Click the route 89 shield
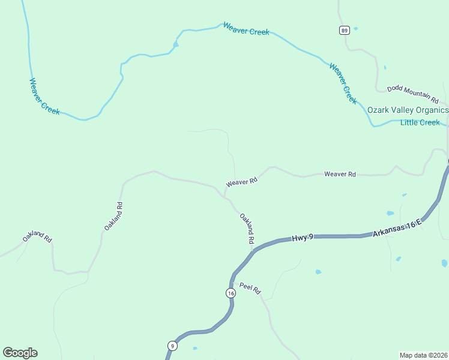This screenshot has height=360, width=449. click(x=344, y=31)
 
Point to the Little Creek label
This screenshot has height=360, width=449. click(x=420, y=122)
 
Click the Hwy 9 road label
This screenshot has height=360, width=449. click(x=303, y=238)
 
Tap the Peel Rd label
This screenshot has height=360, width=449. click(x=250, y=288)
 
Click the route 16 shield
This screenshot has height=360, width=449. click(x=231, y=293)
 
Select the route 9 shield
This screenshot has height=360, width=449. click(x=172, y=346)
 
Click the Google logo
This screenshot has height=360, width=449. click(x=20, y=353)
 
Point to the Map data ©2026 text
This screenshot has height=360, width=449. click(x=423, y=355)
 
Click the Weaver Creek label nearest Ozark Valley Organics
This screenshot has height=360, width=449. click(x=343, y=83)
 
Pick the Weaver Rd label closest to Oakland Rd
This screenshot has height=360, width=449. click(x=242, y=181)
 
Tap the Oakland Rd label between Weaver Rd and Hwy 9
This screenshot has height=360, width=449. click(x=247, y=228)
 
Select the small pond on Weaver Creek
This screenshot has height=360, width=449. click(x=175, y=44)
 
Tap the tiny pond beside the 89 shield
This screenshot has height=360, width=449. click(x=356, y=28)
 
